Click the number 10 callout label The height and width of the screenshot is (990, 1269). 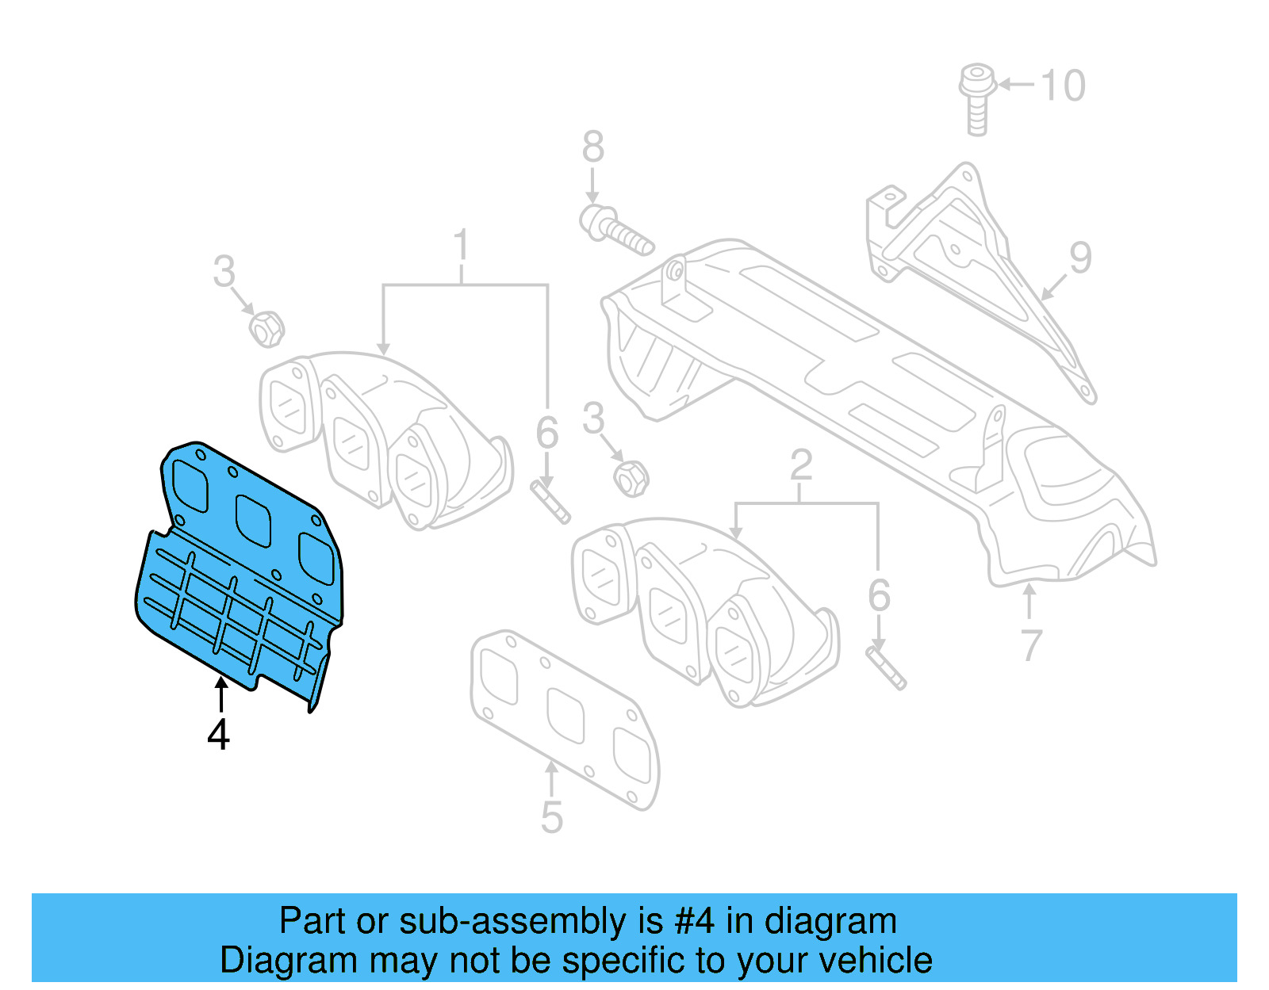1063,86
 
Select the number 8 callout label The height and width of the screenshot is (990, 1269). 593,147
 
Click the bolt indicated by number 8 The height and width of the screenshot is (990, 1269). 615,227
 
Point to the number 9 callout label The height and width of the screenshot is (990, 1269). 1080,258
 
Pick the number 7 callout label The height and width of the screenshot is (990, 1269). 1030,645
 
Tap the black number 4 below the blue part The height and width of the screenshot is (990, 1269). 219,735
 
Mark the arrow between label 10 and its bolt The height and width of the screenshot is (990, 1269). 1016,84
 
